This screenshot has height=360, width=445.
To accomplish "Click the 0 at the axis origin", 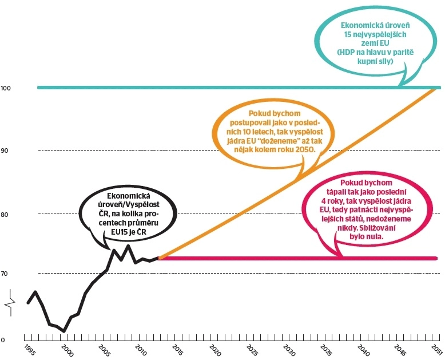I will point(3,340).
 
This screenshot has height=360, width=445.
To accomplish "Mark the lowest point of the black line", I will point(64,331).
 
